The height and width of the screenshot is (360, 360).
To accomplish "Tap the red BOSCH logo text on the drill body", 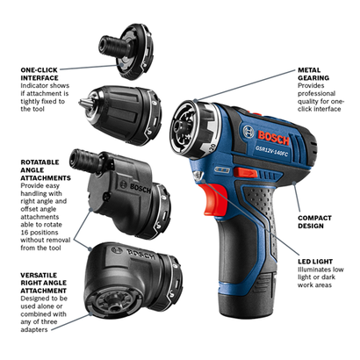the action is pos(274,138).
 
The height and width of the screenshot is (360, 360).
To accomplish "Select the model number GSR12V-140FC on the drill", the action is pos(272,150).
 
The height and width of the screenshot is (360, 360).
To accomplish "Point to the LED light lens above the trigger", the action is pos(198,176).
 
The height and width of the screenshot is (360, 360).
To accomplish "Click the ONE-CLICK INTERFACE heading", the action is pos(40,74).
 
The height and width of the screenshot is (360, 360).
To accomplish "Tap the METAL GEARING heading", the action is pos(313,74).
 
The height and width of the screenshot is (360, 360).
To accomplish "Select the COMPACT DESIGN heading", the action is pos(314,222).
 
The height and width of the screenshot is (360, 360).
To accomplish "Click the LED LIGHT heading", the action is pos(315,262).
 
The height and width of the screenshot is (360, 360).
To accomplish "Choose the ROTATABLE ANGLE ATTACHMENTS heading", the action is pos(46,170).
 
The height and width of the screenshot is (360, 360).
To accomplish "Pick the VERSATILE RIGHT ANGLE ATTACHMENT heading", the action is pos(44,283).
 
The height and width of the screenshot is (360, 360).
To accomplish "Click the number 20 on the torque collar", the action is pos(212,147).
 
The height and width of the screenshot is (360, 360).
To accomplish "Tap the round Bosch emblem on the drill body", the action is pos(248,132).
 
